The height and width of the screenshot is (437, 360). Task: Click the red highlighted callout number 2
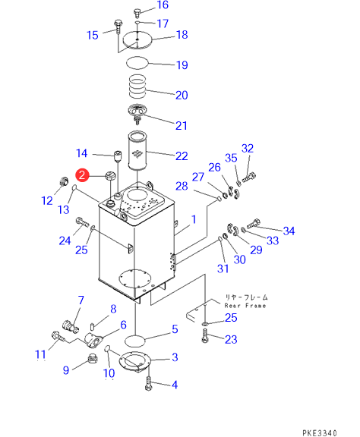82,175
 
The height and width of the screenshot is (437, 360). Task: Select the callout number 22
182,156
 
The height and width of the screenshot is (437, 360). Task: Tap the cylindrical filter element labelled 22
137,150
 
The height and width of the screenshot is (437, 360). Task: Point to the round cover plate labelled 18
137,40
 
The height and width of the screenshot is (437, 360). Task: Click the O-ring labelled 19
137,63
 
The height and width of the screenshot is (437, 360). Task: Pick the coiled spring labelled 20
137,86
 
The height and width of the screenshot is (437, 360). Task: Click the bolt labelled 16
137,12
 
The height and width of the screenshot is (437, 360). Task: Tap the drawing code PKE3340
320,432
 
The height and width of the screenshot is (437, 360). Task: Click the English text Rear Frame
245,306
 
